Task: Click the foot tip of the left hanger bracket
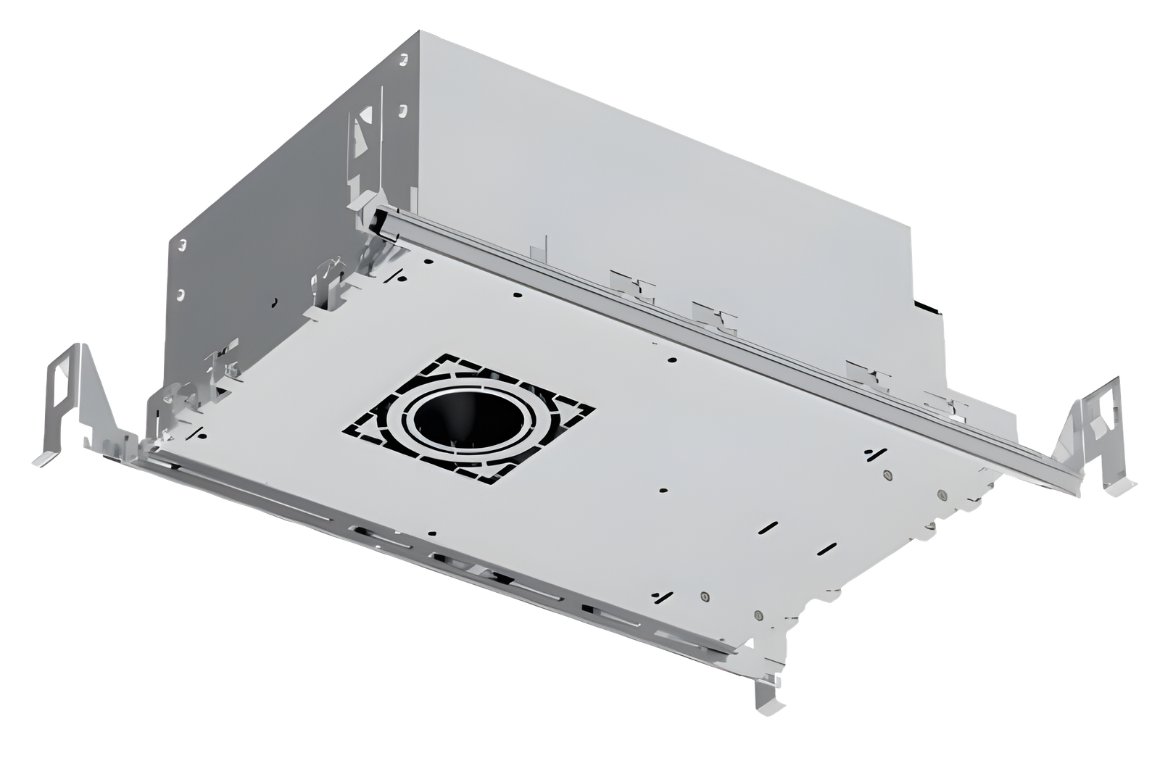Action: point(42,462)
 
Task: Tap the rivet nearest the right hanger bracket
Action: point(942,496)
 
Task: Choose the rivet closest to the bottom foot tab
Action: point(758,616)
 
